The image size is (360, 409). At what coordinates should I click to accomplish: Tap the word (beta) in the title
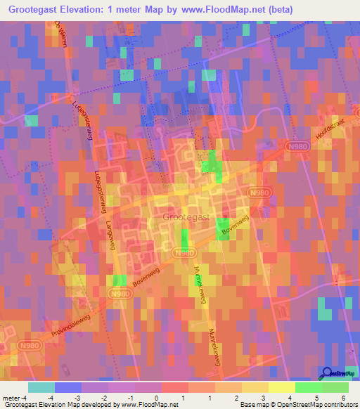pyautogui.click(x=277, y=9)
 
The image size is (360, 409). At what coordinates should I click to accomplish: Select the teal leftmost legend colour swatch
pyautogui.click(x=41, y=387)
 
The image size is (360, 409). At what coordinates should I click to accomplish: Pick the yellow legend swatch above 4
pyautogui.click(x=282, y=387)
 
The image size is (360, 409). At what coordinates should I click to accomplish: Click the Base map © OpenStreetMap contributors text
pyautogui.click(x=298, y=405)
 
